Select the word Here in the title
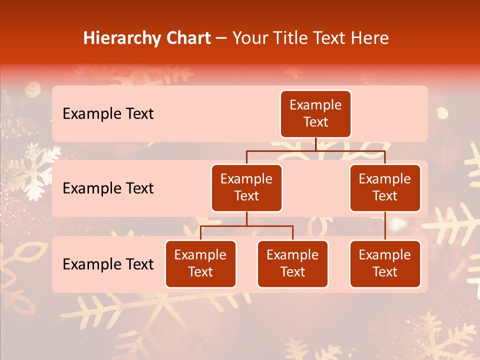(x=370, y=38)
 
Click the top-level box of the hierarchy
(x=315, y=114)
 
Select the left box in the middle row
(x=246, y=187)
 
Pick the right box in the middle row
(x=385, y=187)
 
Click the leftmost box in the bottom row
(x=200, y=263)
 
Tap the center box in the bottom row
(x=292, y=263)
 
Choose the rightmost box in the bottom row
(x=385, y=263)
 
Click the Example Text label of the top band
(x=108, y=114)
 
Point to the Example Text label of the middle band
(x=108, y=188)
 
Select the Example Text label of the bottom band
(x=108, y=264)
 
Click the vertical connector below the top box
(x=315, y=144)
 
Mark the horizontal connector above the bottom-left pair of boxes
(x=246, y=226)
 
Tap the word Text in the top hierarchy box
(x=315, y=122)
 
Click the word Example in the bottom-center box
(x=292, y=255)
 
